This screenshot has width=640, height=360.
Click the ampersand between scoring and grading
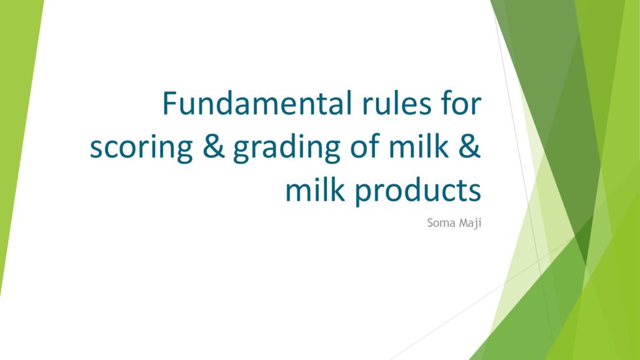214,146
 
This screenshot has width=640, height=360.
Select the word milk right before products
315,190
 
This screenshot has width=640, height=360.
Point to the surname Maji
470,224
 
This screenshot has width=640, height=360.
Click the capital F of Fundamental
170,104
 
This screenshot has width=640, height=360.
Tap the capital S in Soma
431,223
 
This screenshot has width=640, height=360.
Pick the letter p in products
362,195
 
